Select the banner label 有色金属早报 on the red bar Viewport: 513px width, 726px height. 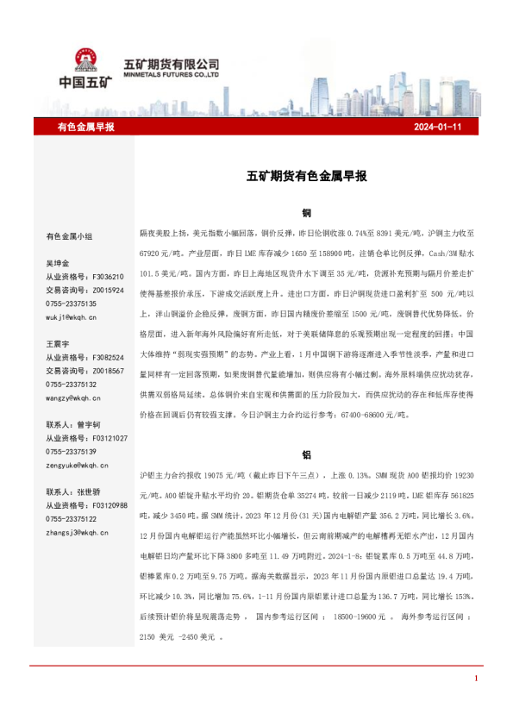coord(85,127)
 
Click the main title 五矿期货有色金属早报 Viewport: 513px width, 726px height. coord(307,176)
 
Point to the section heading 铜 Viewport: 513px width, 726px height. coord(306,212)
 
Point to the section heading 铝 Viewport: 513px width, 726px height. coord(306,454)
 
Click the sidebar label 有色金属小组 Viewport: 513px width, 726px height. coord(70,236)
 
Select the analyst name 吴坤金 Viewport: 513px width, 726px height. coord(58,262)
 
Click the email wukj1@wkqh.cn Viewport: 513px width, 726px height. coord(72,317)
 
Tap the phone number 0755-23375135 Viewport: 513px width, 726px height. coord(71,304)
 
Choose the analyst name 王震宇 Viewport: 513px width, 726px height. coord(58,343)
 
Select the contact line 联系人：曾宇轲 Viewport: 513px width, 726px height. coord(73,424)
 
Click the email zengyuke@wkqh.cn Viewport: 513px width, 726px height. coord(77,465)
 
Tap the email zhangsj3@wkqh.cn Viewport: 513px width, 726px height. coord(77,533)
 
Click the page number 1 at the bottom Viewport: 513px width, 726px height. coord(476,679)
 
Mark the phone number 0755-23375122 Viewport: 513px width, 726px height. coord(71,519)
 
